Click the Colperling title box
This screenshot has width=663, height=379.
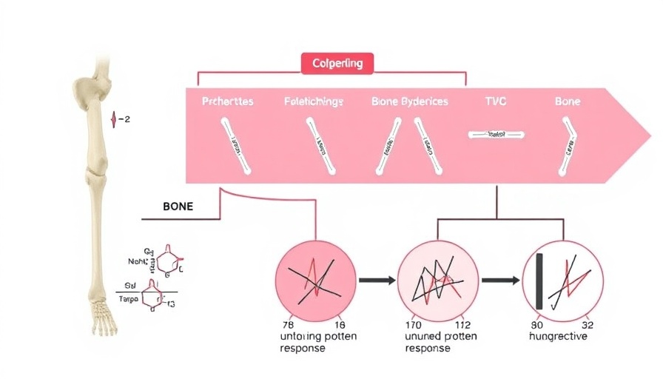(x=337, y=64)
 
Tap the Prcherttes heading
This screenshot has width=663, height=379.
(x=227, y=101)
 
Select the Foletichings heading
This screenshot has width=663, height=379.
(x=313, y=101)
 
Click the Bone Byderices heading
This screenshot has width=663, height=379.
(x=409, y=101)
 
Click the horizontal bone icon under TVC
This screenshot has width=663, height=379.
(x=497, y=135)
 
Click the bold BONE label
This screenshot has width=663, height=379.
(x=178, y=207)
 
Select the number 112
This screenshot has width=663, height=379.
(x=462, y=324)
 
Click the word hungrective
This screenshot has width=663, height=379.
(x=558, y=337)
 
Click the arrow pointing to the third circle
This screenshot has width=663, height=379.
(x=500, y=281)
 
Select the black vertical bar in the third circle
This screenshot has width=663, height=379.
(x=541, y=281)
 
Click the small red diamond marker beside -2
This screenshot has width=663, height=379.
(x=113, y=118)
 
